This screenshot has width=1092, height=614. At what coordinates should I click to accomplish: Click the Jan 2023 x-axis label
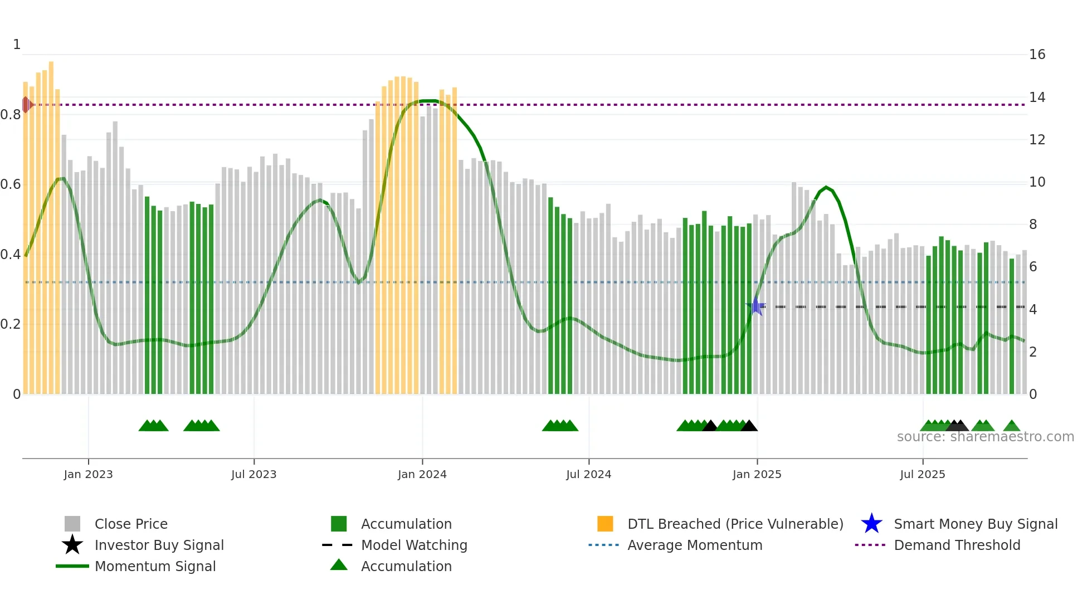(88, 474)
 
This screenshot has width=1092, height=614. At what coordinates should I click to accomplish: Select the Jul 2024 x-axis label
(588, 474)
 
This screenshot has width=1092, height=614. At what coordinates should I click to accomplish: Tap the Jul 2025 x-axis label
(922, 474)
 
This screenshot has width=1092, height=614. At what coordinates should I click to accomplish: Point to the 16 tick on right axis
(1037, 55)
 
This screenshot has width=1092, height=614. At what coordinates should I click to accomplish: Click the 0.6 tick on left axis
(11, 184)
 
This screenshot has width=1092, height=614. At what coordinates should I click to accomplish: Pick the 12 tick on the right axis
(1037, 140)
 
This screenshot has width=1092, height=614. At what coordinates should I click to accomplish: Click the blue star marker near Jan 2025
(756, 306)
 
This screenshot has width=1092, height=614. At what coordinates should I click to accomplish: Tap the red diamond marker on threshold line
(26, 104)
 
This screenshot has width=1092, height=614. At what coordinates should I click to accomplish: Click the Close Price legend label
(131, 524)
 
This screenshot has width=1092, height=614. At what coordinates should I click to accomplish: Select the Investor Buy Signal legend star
(72, 545)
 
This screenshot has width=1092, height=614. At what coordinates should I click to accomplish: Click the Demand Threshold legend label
(957, 545)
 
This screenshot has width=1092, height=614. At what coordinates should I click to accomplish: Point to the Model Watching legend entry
(413, 545)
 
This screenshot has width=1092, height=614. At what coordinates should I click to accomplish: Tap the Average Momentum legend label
(694, 545)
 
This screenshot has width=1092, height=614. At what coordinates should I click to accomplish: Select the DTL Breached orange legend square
(605, 524)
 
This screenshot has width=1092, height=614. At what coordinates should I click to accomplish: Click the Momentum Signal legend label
(155, 566)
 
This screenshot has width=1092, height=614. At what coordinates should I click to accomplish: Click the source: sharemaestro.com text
(985, 437)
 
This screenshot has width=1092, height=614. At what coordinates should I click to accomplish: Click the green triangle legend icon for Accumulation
(339, 565)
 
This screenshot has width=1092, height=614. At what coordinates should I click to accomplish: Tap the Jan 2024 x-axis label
(422, 474)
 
